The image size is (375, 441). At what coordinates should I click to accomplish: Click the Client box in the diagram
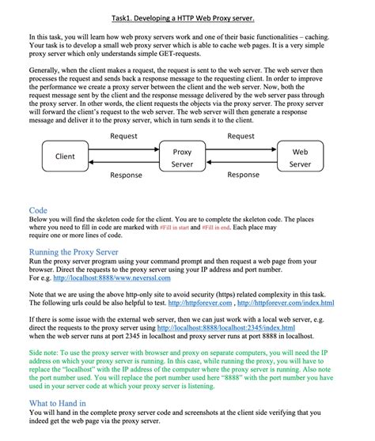[x=65, y=156]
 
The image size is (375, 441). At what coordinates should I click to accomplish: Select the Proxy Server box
[x=182, y=157]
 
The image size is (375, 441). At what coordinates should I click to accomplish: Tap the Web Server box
[x=300, y=157]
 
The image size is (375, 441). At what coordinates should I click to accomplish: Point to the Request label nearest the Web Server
[x=241, y=137]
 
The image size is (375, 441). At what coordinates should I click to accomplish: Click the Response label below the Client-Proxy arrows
[x=126, y=175]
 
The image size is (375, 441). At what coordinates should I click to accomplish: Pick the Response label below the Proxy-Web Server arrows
[x=243, y=175]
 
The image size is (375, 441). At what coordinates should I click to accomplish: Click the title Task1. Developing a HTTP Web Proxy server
[x=187, y=17]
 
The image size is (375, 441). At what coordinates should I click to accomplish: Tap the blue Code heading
[x=38, y=210]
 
